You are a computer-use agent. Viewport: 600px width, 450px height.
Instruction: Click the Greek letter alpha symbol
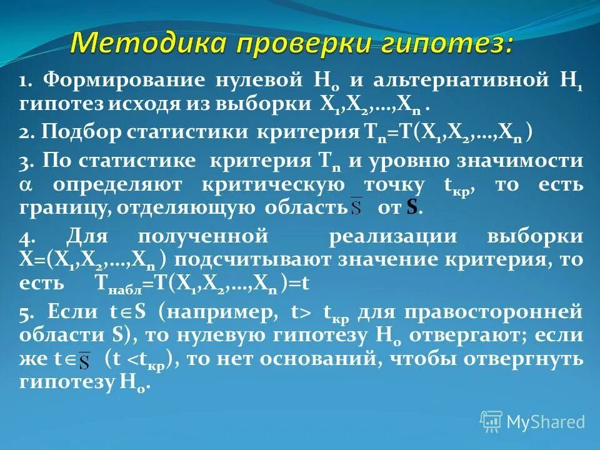(25, 185)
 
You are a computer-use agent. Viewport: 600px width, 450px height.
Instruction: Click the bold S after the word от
(411, 208)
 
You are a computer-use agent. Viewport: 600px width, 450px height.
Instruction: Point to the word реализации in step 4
(382, 237)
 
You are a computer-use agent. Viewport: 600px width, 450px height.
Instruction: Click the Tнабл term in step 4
(117, 284)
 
